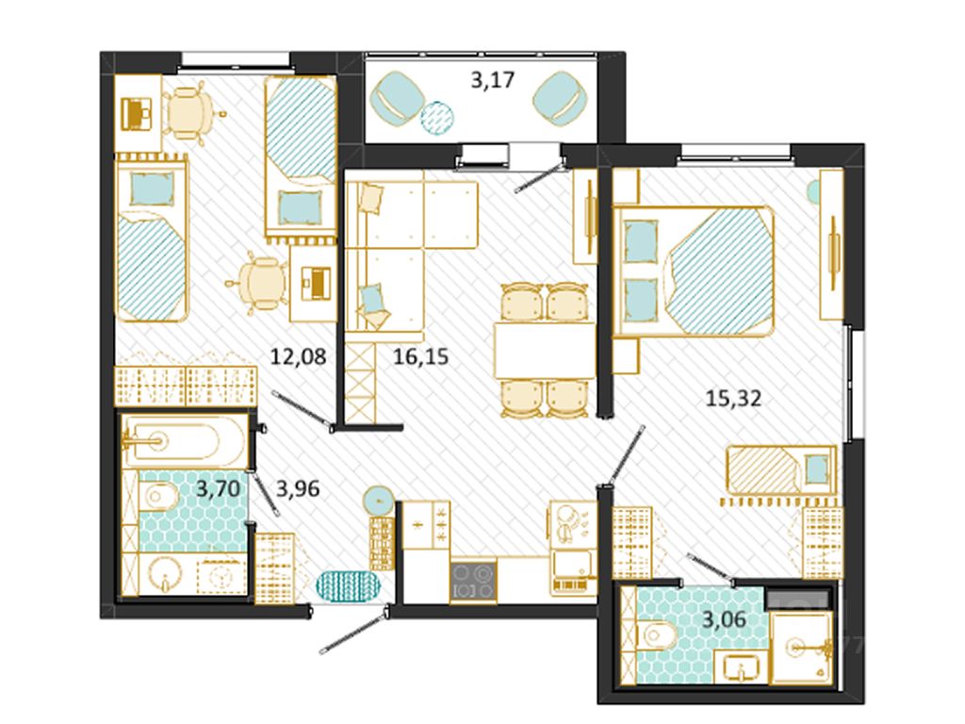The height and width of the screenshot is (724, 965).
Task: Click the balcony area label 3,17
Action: pyautogui.click(x=492, y=80)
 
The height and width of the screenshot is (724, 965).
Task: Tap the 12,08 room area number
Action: pyautogui.click(x=298, y=355)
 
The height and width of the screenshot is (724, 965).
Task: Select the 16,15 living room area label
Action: pyautogui.click(x=421, y=355)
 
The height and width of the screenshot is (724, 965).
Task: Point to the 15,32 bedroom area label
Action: pyautogui.click(x=733, y=398)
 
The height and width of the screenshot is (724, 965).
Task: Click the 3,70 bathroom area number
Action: pyautogui.click(x=218, y=489)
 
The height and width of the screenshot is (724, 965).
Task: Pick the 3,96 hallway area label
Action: pyautogui.click(x=298, y=489)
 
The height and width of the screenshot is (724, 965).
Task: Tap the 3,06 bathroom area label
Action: pyautogui.click(x=725, y=618)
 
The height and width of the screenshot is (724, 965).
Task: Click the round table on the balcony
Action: pyautogui.click(x=437, y=117)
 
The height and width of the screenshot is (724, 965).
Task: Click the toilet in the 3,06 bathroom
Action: pyautogui.click(x=656, y=635)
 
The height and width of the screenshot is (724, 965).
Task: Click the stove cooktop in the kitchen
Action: pyautogui.click(x=473, y=582)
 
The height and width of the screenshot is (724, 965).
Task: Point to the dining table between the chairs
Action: pyautogui.click(x=545, y=351)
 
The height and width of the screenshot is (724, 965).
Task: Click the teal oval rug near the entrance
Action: pyautogui.click(x=349, y=585)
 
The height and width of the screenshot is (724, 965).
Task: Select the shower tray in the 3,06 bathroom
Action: pyautogui.click(x=801, y=648)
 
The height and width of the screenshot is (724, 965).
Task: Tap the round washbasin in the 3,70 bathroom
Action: pyautogui.click(x=164, y=574)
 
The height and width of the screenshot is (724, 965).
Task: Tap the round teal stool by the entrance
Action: pyautogui.click(x=378, y=500)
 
